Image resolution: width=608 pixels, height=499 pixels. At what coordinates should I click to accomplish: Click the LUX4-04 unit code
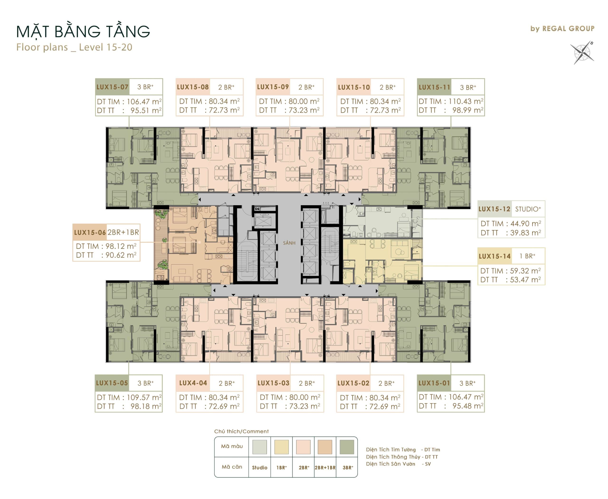pos(193,383)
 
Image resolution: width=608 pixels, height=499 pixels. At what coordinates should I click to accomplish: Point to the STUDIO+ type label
pos(528,209)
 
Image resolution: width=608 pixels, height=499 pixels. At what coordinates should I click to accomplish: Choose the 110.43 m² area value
pos(466,101)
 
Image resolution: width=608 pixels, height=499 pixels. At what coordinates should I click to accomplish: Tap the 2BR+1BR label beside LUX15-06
pos(123,232)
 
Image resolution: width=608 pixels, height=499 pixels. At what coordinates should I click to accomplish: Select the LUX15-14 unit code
pos(494,256)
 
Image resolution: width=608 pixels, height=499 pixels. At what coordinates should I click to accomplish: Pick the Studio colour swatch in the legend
pos(260,447)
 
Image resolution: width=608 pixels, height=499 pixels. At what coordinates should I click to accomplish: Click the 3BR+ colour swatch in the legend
pos(347,447)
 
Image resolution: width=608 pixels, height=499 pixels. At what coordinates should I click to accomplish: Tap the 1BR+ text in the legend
pos(281,468)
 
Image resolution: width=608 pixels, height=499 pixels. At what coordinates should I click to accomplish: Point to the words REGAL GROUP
pos(568,29)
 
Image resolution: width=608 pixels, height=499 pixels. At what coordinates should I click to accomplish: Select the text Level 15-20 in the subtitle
pos(105,47)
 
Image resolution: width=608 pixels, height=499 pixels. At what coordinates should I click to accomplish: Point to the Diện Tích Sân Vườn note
pos(398,464)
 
